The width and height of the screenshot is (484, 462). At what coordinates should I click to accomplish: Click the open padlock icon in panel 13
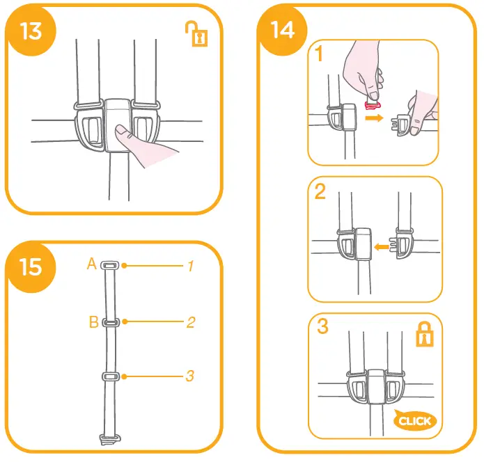point(200,33)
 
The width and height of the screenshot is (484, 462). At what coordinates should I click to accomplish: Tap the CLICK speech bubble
point(415,420)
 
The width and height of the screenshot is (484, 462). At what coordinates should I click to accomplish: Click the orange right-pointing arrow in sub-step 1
point(374,119)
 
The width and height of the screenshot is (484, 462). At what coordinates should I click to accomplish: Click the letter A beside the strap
point(91,264)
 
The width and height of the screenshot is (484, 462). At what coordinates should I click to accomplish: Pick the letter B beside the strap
point(93,321)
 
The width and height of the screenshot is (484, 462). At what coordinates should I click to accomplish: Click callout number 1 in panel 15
point(189,265)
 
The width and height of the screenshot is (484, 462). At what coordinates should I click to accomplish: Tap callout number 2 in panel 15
point(190,322)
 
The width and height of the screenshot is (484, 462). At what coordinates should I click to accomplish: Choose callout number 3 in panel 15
point(189,376)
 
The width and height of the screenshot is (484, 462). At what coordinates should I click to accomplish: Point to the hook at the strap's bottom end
point(108,438)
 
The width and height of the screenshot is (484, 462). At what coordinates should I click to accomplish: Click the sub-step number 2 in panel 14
point(320,191)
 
